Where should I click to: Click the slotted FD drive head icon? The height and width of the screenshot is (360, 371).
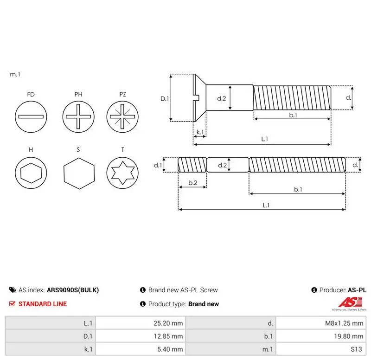31,117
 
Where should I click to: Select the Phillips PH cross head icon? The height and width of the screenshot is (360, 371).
78,117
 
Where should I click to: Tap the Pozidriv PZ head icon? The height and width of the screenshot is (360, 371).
122,117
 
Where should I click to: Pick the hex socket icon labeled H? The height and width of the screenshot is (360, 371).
31,173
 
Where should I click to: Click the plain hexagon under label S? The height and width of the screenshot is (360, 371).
79,173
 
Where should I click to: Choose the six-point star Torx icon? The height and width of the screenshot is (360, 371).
122,173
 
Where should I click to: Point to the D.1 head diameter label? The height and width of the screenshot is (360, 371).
165,99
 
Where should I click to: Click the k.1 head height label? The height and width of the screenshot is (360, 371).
200,132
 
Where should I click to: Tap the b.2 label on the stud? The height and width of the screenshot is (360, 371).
193,183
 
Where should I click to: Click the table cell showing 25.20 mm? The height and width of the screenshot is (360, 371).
168,323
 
